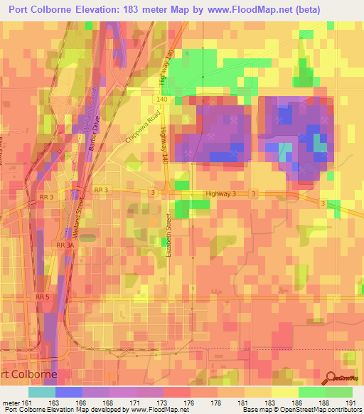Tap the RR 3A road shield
65,245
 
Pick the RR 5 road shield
43,296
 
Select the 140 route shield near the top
162,100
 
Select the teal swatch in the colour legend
41,392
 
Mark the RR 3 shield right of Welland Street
100,191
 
